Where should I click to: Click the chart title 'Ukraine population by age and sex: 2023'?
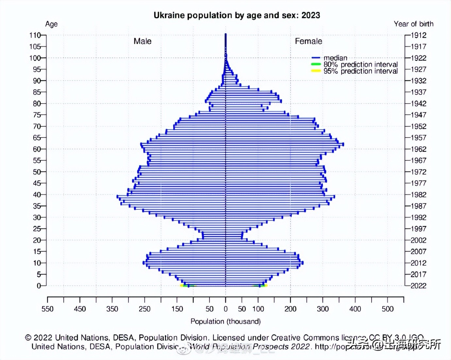(x=237, y=15)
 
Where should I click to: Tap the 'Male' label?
(x=142, y=41)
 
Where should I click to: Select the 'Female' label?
(x=308, y=41)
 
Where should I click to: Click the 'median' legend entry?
(x=335, y=58)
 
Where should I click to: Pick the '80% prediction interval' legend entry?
(x=360, y=64)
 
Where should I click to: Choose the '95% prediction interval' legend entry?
(x=360, y=71)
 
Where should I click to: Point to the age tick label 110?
(x=35, y=35)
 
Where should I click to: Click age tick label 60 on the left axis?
(x=37, y=149)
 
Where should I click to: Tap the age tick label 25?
(x=37, y=229)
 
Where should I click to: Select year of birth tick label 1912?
(x=418, y=35)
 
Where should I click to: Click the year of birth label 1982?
(x=418, y=195)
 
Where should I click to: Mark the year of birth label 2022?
(x=418, y=286)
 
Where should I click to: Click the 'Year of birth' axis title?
(x=413, y=24)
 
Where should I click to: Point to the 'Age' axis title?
(x=51, y=24)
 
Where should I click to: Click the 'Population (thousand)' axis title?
(x=225, y=321)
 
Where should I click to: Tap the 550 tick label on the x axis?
(x=47, y=309)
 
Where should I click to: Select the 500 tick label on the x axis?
(x=388, y=309)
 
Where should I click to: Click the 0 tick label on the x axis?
(x=225, y=309)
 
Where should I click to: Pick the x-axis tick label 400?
(x=355, y=309)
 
